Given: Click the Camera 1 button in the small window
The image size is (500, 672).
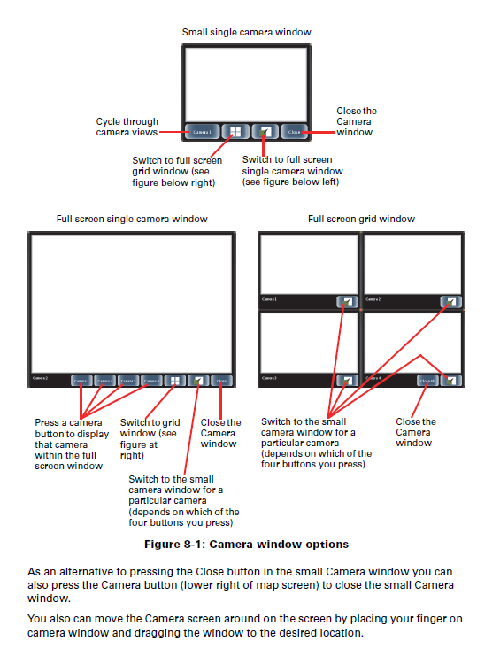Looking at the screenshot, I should pyautogui.click(x=203, y=132).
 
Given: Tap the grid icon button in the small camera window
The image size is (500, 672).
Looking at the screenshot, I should pyautogui.click(x=235, y=132).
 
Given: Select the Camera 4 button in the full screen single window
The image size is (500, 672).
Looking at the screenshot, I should pyautogui.click(x=151, y=380).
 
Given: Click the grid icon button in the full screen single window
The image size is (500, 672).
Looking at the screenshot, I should pyautogui.click(x=175, y=380).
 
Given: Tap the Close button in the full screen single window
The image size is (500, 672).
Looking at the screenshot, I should pyautogui.click(x=221, y=380).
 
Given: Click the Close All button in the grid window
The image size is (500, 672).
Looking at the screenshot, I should pyautogui.click(x=428, y=380).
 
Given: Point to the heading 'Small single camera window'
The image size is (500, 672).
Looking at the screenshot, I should pyautogui.click(x=247, y=33).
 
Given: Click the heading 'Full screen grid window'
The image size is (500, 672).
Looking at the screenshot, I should pyautogui.click(x=361, y=219).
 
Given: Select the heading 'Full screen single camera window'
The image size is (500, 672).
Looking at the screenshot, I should pyautogui.click(x=132, y=219).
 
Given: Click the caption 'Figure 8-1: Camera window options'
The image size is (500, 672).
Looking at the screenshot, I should pyautogui.click(x=247, y=544).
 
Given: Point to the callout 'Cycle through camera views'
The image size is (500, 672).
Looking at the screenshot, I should pyautogui.click(x=127, y=127).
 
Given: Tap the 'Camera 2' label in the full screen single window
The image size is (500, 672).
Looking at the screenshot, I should pyautogui.click(x=41, y=378).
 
